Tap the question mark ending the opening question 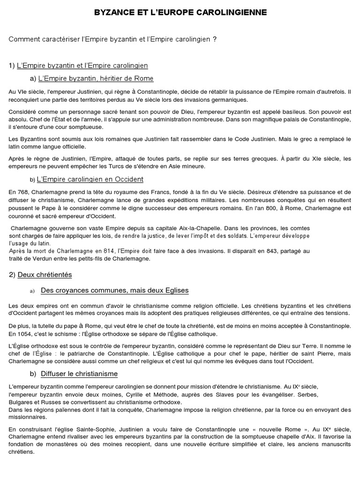click(214, 39)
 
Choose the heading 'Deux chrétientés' click(45, 274)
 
